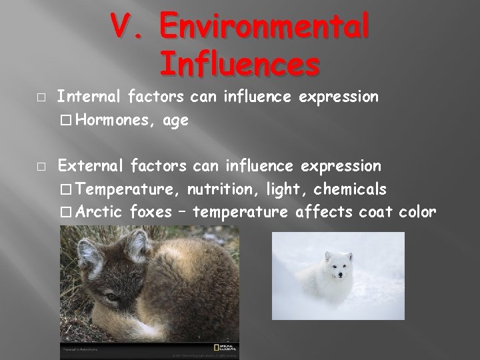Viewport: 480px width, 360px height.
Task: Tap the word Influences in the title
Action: point(239,65)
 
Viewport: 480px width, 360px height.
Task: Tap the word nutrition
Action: point(217,189)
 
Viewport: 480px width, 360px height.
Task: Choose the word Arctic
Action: point(99,212)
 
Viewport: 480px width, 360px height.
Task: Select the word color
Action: point(418,212)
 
